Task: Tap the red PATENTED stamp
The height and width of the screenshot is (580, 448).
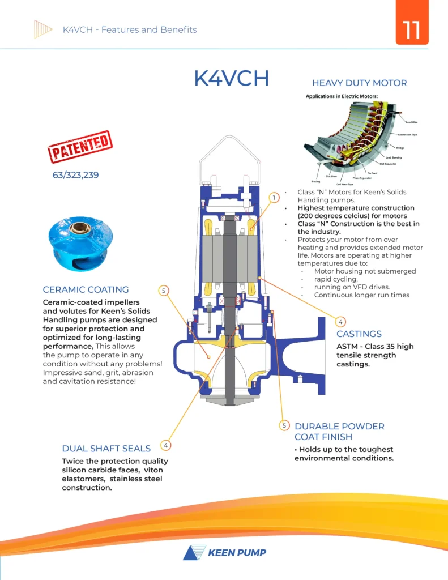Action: tap(79, 147)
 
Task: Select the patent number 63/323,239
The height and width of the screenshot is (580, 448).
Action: tap(75, 175)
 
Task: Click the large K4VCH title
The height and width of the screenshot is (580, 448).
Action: tap(231, 79)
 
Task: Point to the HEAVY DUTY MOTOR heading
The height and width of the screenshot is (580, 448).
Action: tap(359, 83)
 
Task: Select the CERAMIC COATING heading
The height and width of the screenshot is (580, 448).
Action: tap(86, 289)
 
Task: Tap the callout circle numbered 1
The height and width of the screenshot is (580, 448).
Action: tap(274, 198)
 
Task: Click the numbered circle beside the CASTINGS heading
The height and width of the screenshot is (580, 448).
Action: tap(340, 322)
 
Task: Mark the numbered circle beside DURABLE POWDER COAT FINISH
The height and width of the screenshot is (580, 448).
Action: tap(285, 425)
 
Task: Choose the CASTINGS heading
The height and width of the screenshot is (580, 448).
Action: tap(359, 334)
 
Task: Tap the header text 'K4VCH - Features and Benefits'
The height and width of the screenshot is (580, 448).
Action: tap(130, 29)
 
